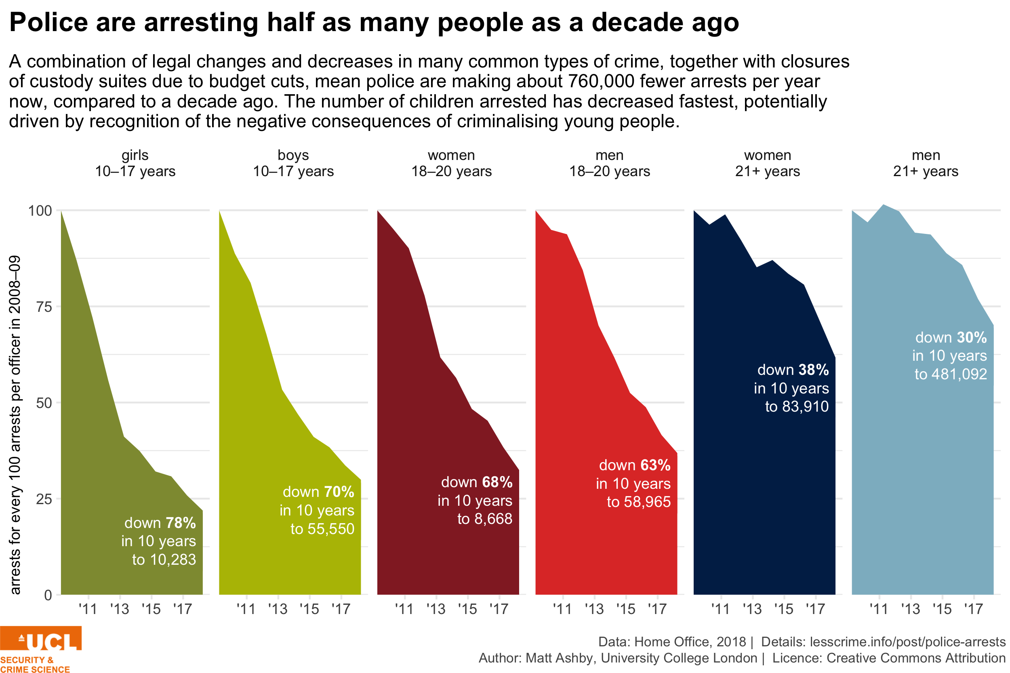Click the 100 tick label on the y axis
click(40, 211)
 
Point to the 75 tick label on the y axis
click(44, 307)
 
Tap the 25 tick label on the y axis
click(44, 499)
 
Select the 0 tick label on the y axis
click(48, 595)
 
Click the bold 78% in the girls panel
click(181, 523)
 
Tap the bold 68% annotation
click(497, 482)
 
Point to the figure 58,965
click(647, 502)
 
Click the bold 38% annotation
click(814, 370)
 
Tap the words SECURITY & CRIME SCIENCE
click(34, 664)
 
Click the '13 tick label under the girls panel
click(120, 609)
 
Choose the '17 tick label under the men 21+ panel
click(974, 609)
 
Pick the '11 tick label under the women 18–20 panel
click(404, 609)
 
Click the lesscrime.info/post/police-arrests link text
click(908, 641)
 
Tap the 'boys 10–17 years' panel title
click(293, 163)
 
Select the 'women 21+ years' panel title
click(768, 163)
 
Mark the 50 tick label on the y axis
click(44, 403)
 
